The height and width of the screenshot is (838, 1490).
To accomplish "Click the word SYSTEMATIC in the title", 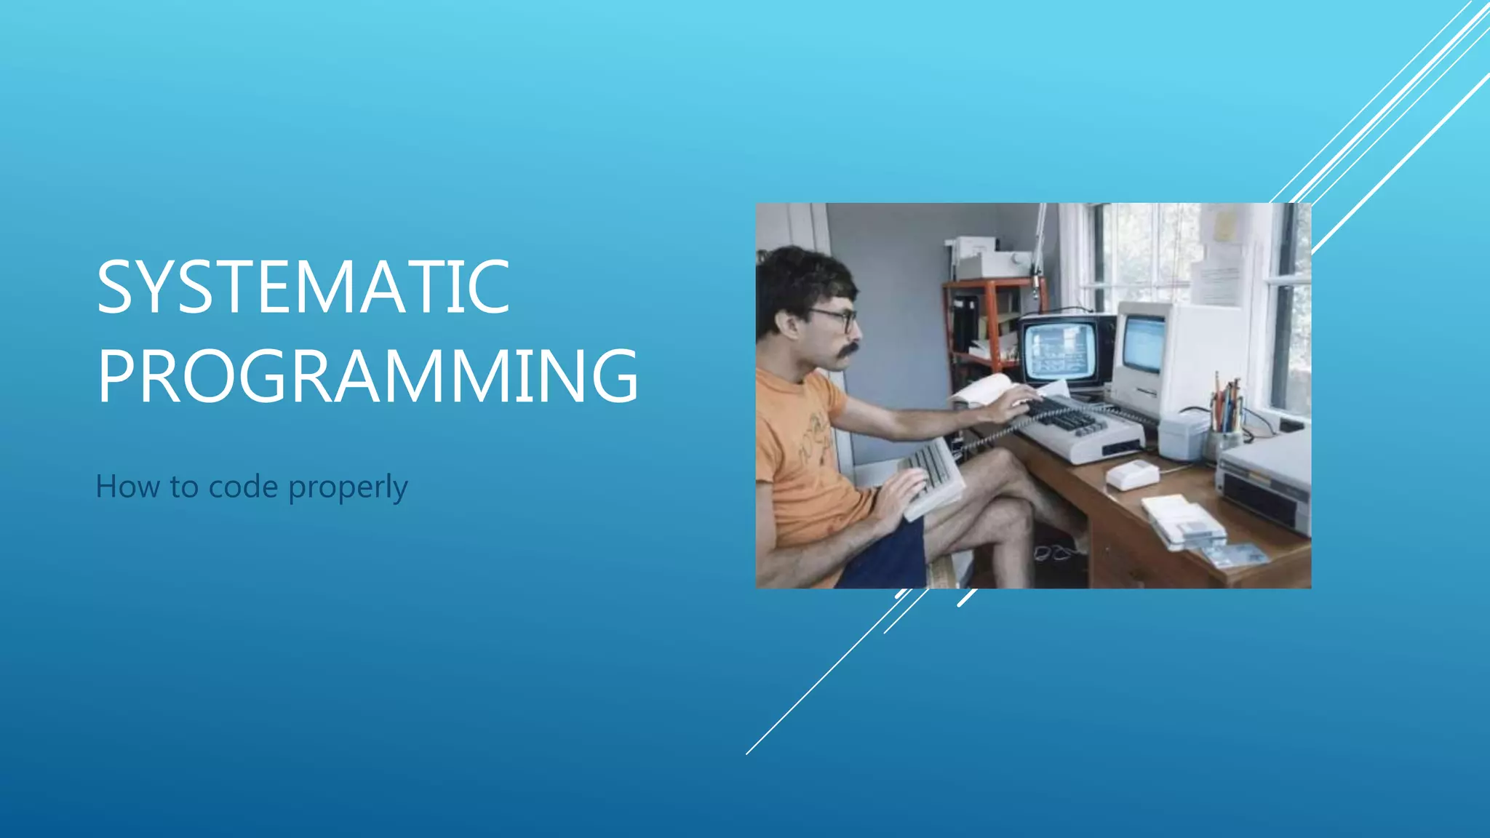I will [303, 287].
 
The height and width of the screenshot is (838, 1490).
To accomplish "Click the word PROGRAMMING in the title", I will [367, 376].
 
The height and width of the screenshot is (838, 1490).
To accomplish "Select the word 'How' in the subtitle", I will [127, 486].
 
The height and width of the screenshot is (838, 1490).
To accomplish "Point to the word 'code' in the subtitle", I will [243, 486].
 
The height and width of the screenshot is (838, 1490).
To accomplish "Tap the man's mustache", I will [846, 351].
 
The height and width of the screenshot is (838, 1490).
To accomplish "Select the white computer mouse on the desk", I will [1132, 475].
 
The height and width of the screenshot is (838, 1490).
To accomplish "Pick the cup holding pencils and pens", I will [1225, 442].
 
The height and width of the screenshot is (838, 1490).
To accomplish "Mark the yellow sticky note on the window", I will [1224, 226].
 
